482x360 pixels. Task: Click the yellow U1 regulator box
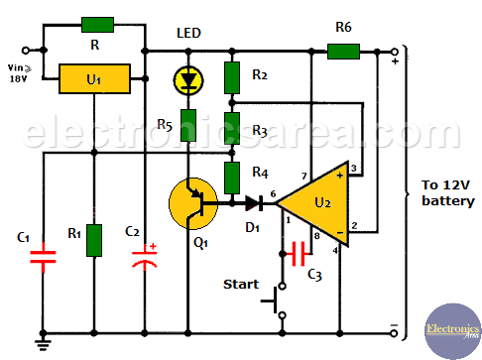pyautogui.click(x=94, y=79)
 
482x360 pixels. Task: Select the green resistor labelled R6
pyautogui.click(x=343, y=52)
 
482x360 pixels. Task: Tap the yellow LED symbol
pyautogui.click(x=188, y=80)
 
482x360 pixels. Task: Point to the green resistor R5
pyautogui.click(x=188, y=126)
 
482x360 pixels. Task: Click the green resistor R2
pyautogui.click(x=232, y=77)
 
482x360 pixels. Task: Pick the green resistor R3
pyautogui.click(x=232, y=128)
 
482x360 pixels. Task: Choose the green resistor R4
pyautogui.click(x=232, y=178)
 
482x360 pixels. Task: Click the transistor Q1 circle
pyautogui.click(x=193, y=203)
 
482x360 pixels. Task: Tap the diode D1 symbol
pyautogui.click(x=254, y=203)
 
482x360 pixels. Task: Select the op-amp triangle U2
pyautogui.click(x=313, y=203)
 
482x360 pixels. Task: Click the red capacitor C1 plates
pyautogui.click(x=43, y=257)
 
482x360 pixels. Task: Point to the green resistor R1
pyautogui.click(x=94, y=240)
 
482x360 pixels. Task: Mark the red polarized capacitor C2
pyautogui.click(x=145, y=258)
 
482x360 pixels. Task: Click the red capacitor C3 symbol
pyautogui.click(x=298, y=254)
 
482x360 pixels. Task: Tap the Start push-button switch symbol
pyautogui.click(x=276, y=300)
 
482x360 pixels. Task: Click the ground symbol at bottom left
pyautogui.click(x=43, y=344)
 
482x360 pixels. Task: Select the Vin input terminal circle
pyautogui.click(x=26, y=51)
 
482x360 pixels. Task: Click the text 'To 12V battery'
pyautogui.click(x=448, y=193)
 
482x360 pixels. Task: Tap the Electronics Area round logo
pyautogui.click(x=453, y=331)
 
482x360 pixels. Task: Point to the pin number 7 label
pyautogui.click(x=304, y=177)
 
